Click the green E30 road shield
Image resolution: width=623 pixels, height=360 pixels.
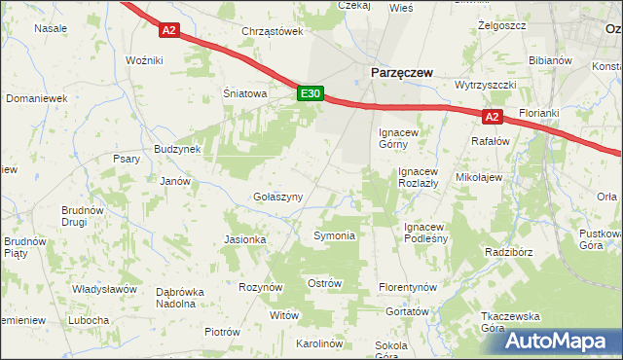tap(310, 93)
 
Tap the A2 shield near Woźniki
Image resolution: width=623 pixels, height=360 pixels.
tap(169, 30)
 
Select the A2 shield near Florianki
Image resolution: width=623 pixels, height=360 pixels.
tap(492, 118)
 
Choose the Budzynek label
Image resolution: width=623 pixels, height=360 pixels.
tap(176, 149)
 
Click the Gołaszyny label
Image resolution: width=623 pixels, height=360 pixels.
tap(277, 197)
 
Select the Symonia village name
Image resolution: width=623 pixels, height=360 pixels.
tap(334, 235)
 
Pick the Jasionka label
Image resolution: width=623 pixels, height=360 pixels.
tap(245, 239)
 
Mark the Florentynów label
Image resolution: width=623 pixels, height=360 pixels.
tap(408, 288)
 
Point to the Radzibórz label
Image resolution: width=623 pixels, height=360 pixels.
tap(511, 251)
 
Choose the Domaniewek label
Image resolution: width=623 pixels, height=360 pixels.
tap(36, 98)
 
